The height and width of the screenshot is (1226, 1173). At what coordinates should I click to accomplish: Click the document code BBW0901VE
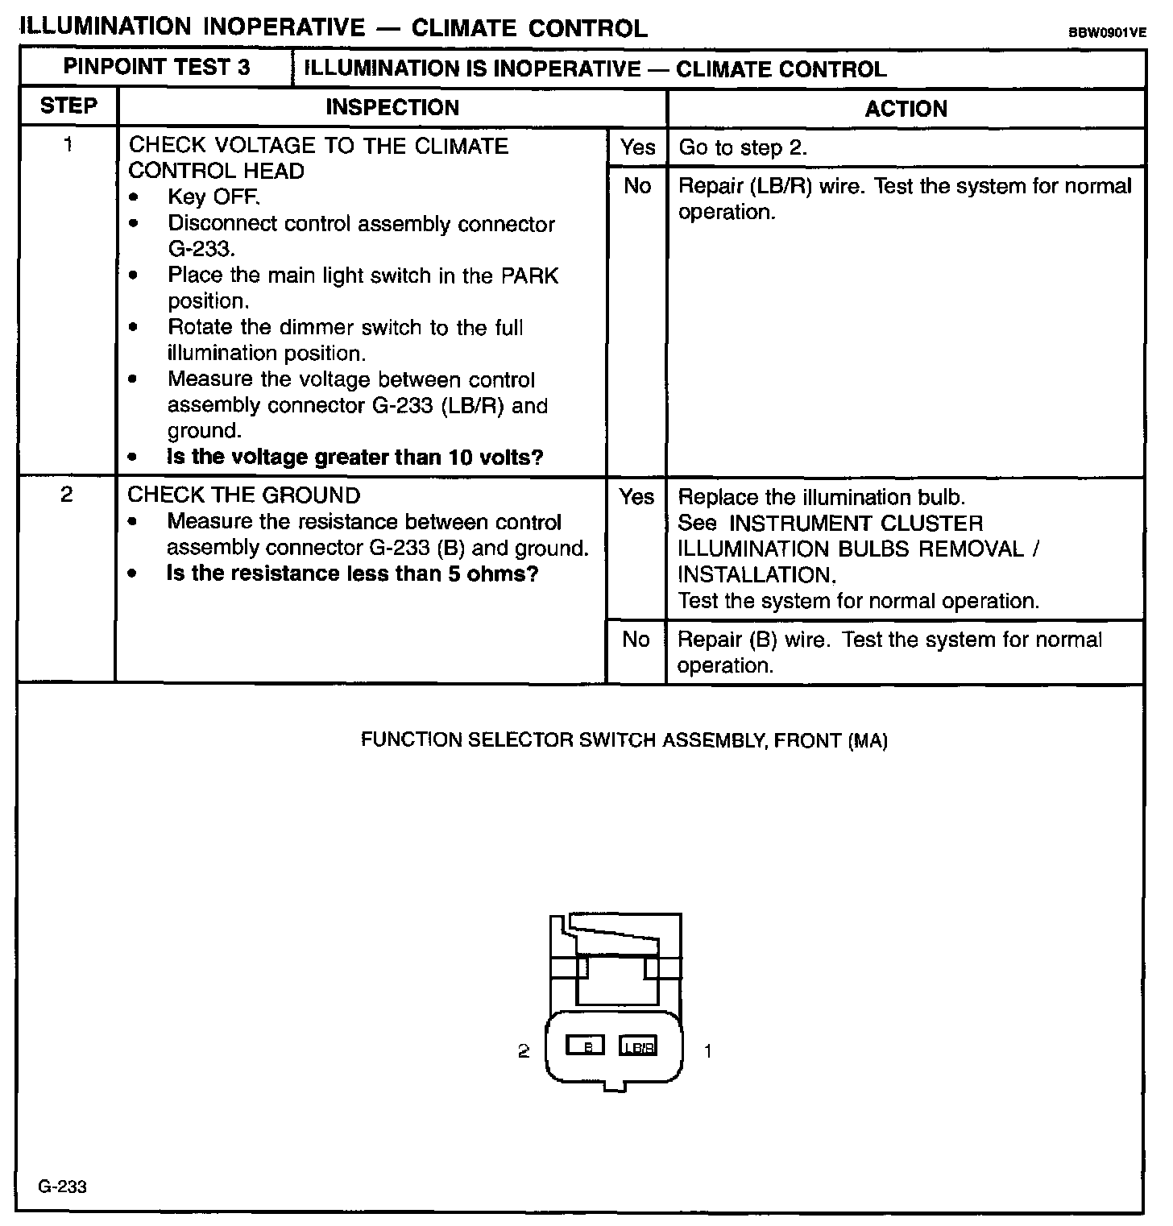pos(1107,33)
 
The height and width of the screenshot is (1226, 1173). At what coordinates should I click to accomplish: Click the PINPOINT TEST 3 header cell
pos(156,68)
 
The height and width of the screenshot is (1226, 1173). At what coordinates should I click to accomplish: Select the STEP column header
pos(68,106)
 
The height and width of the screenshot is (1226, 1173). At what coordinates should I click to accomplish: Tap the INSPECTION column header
pos(392,108)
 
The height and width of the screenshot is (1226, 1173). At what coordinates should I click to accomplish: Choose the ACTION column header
pos(906,109)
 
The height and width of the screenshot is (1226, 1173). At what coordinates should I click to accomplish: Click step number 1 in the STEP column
pos(68,145)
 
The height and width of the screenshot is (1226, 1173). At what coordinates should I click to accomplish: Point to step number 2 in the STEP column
pos(67,495)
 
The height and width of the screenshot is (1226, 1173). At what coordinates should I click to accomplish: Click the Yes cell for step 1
pos(637,147)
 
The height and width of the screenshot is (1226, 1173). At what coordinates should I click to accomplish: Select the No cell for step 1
pos(637,186)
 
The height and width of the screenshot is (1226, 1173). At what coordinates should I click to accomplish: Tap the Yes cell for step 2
pos(636,497)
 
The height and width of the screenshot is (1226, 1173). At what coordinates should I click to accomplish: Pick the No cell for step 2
pos(636,640)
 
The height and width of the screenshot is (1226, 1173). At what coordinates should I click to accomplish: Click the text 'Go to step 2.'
pos(743,147)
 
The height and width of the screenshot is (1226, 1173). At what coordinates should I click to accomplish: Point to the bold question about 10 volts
pos(354,458)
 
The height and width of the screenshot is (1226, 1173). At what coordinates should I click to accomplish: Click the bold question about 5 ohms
pos(352,574)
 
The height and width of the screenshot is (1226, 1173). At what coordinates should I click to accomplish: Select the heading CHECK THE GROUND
pos(244,495)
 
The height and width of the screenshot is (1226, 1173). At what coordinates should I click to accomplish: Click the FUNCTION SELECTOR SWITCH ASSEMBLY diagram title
pos(624,741)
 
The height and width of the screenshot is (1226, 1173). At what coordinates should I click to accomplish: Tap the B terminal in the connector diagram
pos(586,1046)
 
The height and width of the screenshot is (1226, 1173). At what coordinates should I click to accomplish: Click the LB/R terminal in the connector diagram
pos(638,1046)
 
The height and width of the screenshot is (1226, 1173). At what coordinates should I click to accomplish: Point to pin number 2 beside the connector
pos(524,1051)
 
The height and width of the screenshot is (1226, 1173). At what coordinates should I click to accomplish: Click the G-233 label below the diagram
pos(63,1187)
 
